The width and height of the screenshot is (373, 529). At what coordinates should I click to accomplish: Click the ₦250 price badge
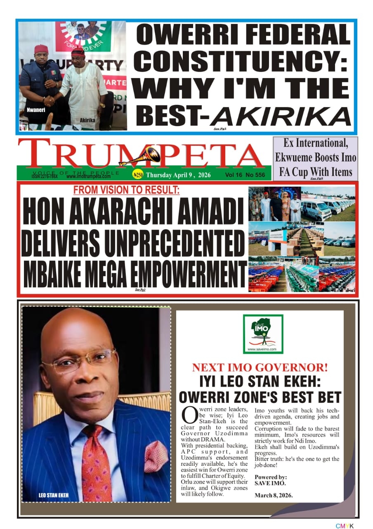point(138,175)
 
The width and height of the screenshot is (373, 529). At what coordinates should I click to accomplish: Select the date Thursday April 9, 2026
point(178,175)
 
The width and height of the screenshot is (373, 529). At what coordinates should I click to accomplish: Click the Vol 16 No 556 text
point(245,175)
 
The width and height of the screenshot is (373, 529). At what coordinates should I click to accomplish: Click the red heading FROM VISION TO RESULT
point(126,191)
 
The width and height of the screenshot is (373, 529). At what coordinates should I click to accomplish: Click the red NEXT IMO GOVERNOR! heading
point(260,367)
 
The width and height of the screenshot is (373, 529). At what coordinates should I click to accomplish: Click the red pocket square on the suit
point(156,456)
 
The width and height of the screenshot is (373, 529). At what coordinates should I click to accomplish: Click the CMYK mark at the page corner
point(345,525)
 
